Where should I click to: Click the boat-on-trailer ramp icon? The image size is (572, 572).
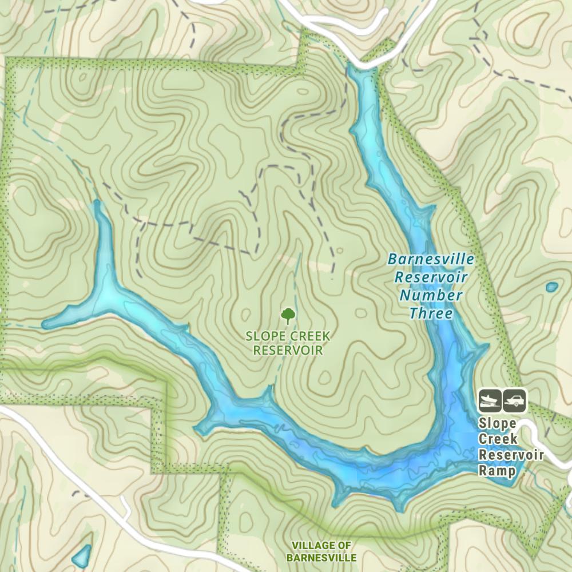490,400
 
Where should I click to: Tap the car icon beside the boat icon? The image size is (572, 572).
515,400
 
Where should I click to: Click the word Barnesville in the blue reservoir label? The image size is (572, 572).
431,259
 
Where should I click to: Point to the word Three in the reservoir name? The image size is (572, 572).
431,313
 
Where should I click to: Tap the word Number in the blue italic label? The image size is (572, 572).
431,295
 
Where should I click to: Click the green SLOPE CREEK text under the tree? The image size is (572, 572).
288,336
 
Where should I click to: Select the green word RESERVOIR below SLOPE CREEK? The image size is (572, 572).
288,349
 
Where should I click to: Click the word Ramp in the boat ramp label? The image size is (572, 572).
497,471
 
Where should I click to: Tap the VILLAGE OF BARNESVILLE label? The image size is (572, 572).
321,551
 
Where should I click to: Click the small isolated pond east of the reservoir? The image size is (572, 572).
551,287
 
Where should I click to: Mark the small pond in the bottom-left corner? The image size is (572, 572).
81,554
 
